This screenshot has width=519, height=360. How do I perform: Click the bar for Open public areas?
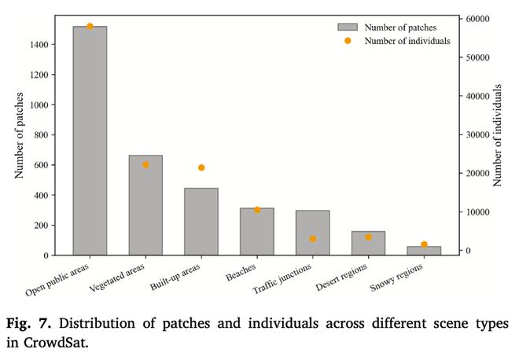pyautogui.click(x=90, y=141)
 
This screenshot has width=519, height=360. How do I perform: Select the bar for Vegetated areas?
pyautogui.click(x=145, y=205)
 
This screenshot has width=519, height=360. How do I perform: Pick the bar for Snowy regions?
pyautogui.click(x=424, y=251)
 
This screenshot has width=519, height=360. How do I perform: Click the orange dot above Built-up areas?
pyautogui.click(x=201, y=167)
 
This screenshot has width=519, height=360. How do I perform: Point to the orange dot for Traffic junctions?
pyautogui.click(x=312, y=238)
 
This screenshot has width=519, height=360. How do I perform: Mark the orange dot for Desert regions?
pyautogui.click(x=368, y=237)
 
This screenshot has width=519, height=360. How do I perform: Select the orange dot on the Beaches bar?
pyautogui.click(x=257, y=210)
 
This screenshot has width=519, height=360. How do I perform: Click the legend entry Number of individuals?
pyautogui.click(x=407, y=40)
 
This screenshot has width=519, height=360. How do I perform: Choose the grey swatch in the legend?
pyautogui.click(x=348, y=28)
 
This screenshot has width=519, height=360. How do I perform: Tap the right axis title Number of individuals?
pyautogui.click(x=498, y=135)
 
